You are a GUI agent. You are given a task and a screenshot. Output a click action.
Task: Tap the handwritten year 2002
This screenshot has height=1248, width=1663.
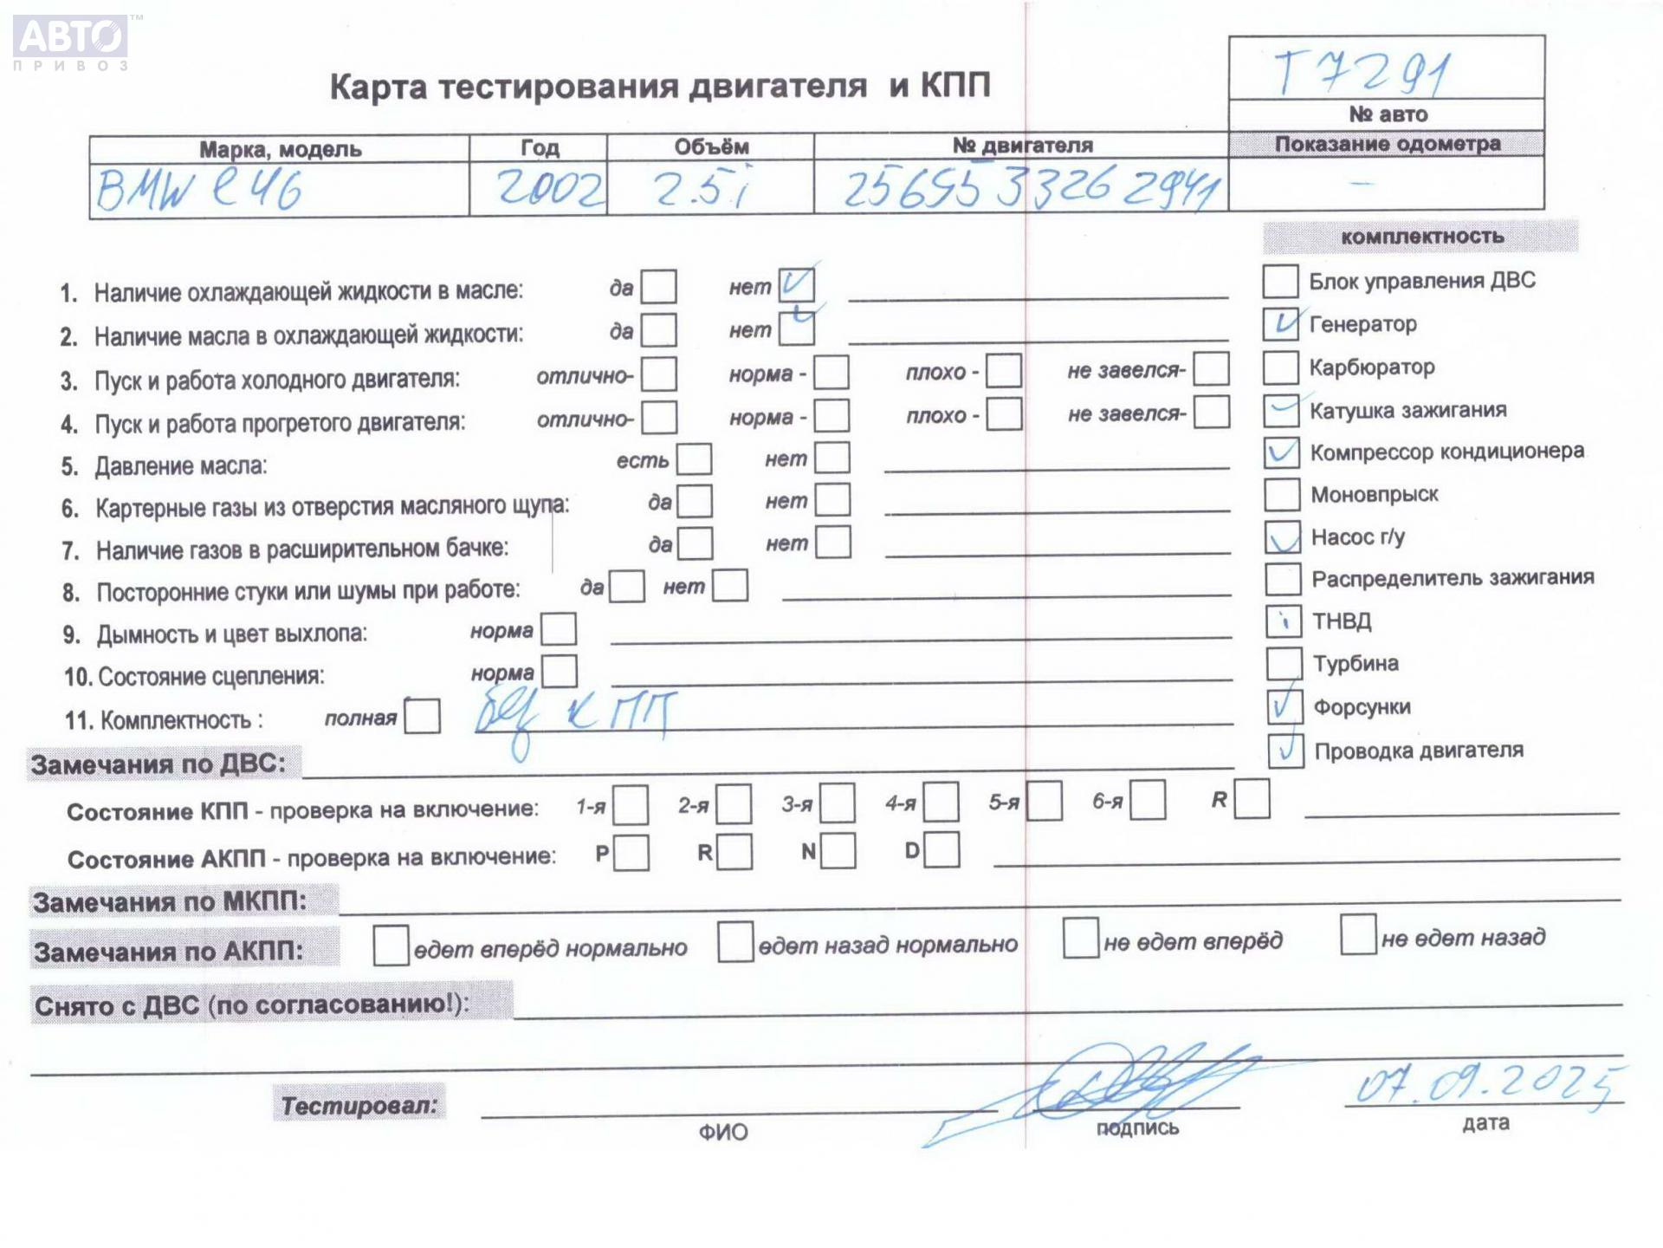click(x=550, y=188)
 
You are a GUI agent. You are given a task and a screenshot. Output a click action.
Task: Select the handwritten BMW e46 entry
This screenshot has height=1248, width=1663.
click(x=199, y=189)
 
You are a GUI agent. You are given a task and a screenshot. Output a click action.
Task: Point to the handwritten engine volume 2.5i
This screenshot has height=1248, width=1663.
click(x=702, y=188)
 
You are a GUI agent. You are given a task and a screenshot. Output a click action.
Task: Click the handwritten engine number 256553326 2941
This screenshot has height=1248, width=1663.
click(x=1031, y=188)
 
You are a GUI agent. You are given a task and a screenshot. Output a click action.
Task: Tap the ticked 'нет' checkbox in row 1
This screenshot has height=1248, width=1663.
click(x=795, y=284)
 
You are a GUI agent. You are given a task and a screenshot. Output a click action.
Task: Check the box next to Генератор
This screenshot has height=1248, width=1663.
click(x=1281, y=324)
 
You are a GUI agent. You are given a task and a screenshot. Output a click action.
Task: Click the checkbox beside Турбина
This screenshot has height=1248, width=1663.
click(x=1284, y=664)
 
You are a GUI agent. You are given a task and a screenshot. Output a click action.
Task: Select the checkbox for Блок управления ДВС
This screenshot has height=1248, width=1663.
click(x=1280, y=281)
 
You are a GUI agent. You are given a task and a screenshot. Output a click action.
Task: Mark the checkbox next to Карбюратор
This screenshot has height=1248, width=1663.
click(x=1281, y=367)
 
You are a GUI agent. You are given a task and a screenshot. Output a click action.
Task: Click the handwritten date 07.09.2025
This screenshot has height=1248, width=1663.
click(x=1486, y=1083)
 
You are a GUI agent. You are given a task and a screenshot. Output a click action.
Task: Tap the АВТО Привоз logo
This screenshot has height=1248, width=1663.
click(x=71, y=41)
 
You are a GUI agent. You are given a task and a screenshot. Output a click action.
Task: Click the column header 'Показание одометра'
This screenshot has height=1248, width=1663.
click(x=1387, y=144)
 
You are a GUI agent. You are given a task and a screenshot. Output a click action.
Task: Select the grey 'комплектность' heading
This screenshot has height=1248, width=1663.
click(x=1421, y=237)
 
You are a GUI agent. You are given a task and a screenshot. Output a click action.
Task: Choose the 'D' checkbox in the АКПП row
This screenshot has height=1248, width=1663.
click(x=942, y=850)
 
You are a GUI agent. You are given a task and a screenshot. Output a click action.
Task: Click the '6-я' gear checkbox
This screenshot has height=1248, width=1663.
click(x=1148, y=801)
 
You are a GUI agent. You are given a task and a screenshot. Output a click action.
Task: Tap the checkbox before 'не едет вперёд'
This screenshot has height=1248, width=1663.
click(x=1080, y=939)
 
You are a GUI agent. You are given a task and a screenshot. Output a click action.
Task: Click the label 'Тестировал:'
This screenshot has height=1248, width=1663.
click(x=359, y=1105)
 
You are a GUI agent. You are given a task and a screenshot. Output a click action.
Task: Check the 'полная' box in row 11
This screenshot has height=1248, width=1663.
click(x=422, y=717)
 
